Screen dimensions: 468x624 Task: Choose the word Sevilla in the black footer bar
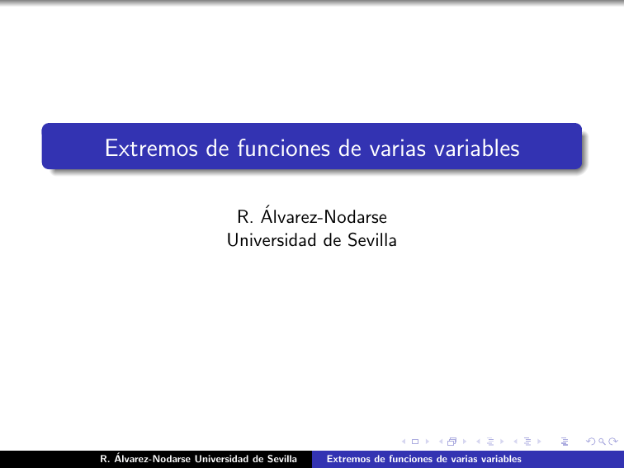coord(288,458)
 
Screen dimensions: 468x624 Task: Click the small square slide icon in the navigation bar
coord(414,442)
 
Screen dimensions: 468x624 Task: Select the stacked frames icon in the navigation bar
coord(451,442)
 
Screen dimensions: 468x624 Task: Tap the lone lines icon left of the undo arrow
coord(565,442)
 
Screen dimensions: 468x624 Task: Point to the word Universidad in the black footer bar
coord(229,458)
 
